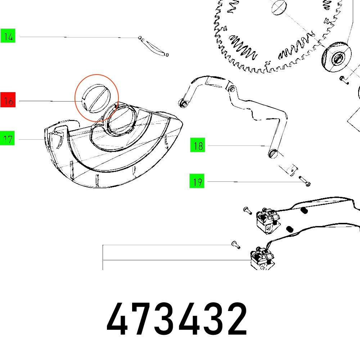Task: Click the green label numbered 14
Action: click(x=8, y=37)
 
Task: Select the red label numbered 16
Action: click(x=8, y=102)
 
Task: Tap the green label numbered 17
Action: click(x=8, y=139)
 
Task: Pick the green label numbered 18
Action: click(x=198, y=146)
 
